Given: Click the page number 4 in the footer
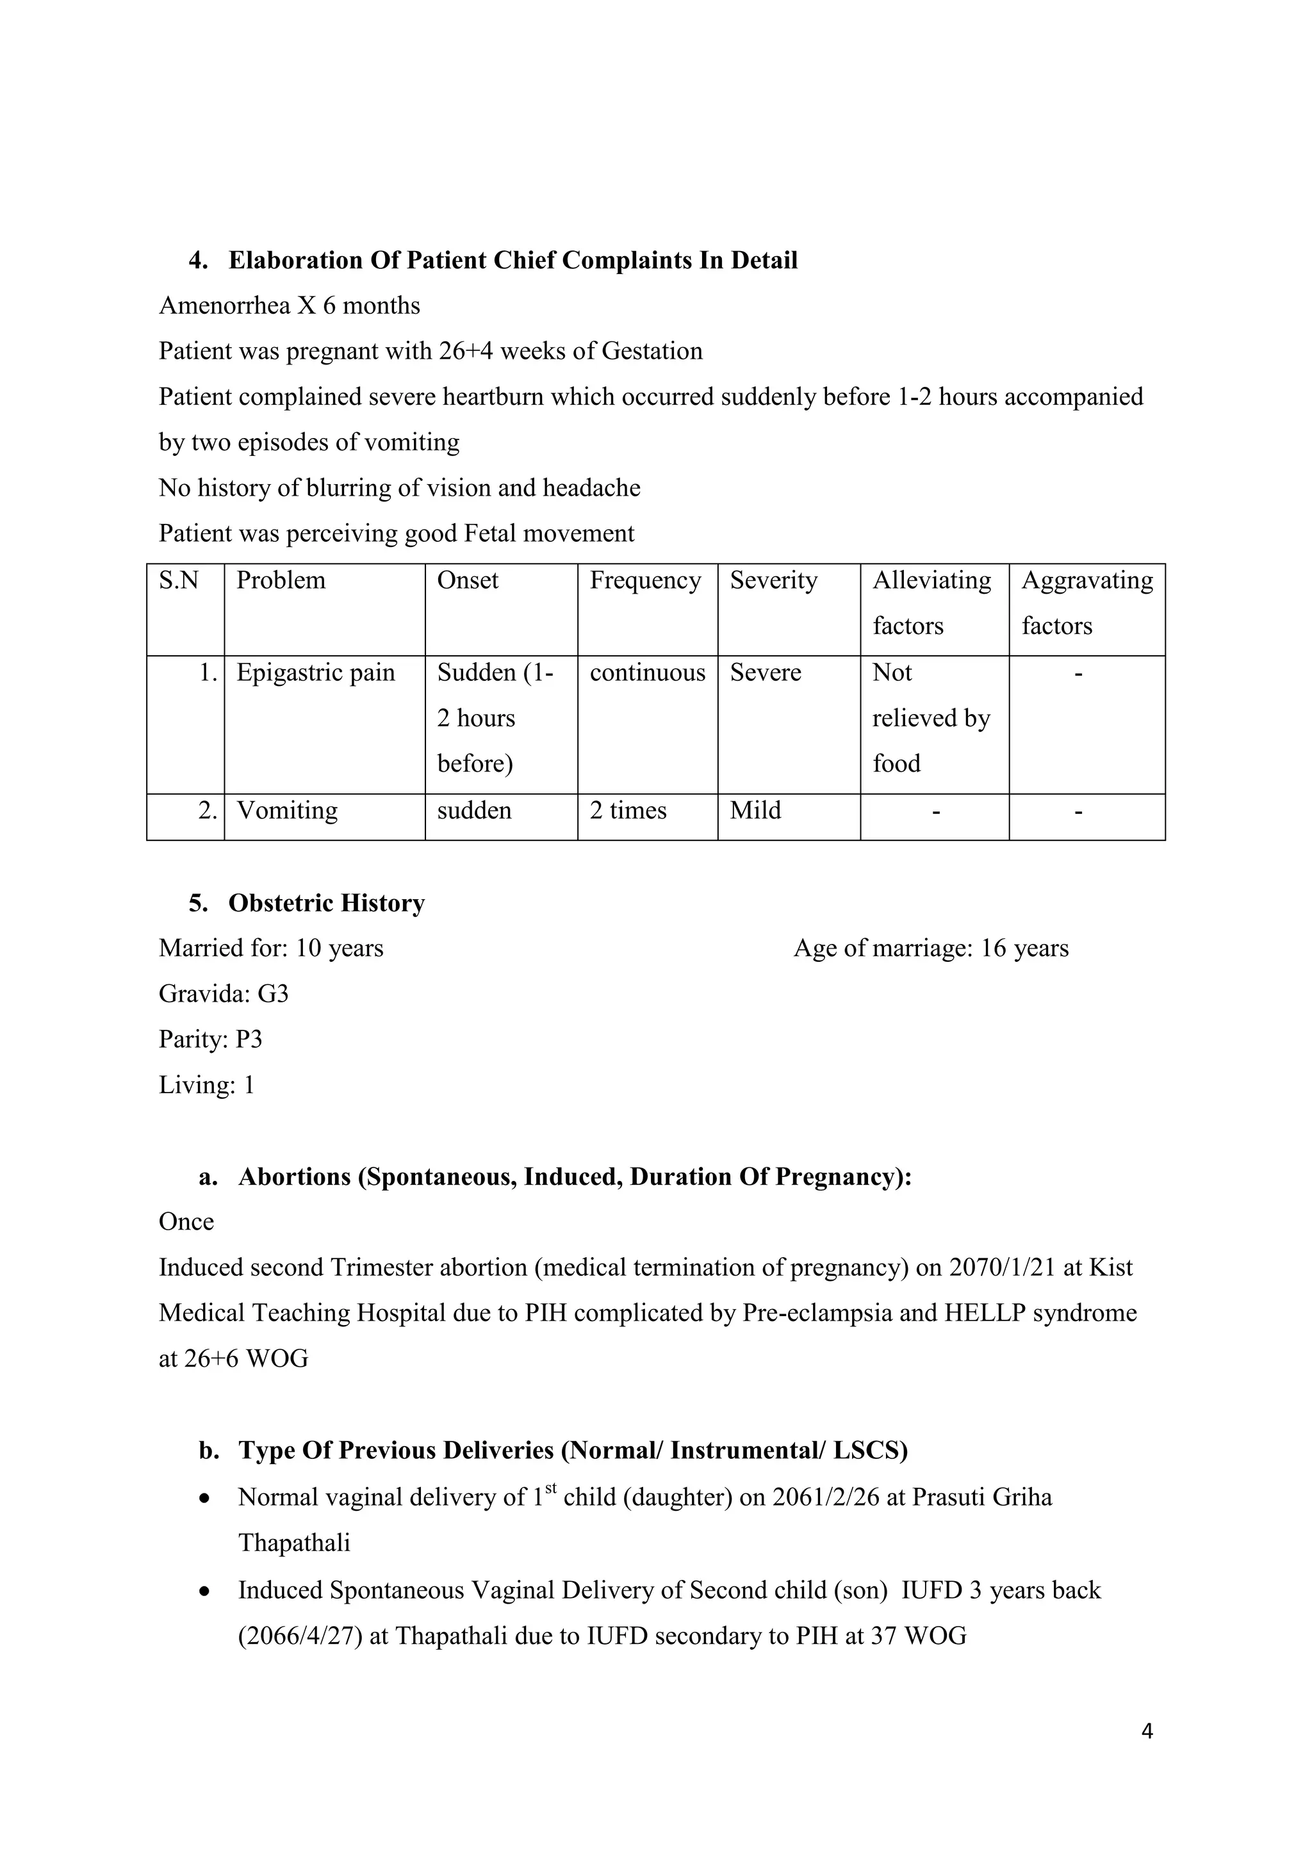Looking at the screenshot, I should pos(1147,1730).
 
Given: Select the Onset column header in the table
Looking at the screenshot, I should pos(467,581).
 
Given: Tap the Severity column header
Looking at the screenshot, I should pos(773,581).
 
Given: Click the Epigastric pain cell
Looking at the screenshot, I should pos(315,672).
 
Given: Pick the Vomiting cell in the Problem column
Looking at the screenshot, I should pos(287,810).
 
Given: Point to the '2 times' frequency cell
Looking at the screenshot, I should pos(628,810).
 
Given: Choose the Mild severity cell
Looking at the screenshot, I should pos(755,810).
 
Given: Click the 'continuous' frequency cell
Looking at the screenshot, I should pos(647,672).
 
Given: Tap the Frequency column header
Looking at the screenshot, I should pos(644,581).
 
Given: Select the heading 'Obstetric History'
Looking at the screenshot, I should pos(326,903).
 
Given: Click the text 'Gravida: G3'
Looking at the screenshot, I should pos(223,993).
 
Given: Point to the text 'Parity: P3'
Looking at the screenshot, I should pos(210,1039).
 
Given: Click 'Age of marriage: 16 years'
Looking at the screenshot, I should pos(931,948).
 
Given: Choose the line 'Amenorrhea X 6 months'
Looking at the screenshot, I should pos(289,305).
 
